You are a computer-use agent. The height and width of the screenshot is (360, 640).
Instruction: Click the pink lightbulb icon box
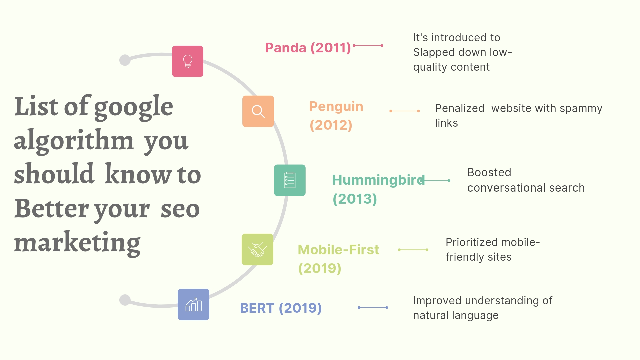point(188,61)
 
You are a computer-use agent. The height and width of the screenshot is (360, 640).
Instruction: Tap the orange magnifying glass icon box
point(258,111)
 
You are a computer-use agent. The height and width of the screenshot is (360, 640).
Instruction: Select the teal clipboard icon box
point(290,180)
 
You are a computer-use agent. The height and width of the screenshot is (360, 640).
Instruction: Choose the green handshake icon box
point(257,250)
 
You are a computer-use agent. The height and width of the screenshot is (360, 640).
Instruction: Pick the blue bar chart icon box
point(193,305)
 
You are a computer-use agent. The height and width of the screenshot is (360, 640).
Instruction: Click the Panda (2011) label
point(308,48)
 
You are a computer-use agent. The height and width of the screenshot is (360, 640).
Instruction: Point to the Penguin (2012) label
point(336,116)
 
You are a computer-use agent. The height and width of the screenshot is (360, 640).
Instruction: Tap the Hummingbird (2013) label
point(378,189)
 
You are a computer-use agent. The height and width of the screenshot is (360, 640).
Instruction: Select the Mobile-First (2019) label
point(338,259)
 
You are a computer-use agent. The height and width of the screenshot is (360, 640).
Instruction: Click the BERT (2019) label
point(281,308)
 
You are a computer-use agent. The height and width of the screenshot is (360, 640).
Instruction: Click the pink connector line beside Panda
point(368,45)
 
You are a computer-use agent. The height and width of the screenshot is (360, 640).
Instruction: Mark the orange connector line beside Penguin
point(405,111)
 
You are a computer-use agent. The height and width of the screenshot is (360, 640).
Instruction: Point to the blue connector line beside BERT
point(373,307)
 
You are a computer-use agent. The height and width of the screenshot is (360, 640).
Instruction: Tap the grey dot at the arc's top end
point(125,60)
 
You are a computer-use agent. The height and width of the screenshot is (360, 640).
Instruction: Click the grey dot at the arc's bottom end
point(125,300)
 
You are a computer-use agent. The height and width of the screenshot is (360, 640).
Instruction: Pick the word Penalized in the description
point(460,108)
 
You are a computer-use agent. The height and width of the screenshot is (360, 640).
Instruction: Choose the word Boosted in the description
point(489,172)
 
